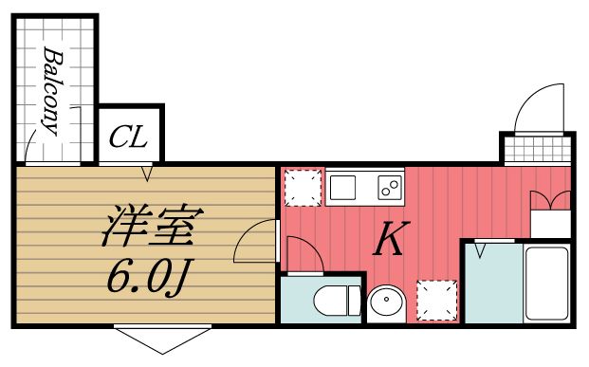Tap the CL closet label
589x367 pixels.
click(x=128, y=138)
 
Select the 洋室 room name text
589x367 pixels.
click(x=150, y=227)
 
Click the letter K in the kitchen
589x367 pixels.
click(x=390, y=241)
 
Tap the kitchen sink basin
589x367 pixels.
click(x=342, y=186)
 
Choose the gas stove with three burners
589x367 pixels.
click(x=388, y=185)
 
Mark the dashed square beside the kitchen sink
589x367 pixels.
click(x=303, y=187)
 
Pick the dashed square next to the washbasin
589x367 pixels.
click(x=437, y=299)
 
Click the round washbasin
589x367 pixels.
click(x=386, y=303)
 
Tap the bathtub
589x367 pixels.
click(x=545, y=283)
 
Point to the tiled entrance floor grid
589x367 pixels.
click(x=537, y=149)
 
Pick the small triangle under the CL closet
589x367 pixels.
click(x=147, y=174)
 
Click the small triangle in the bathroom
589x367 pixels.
click(x=481, y=251)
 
